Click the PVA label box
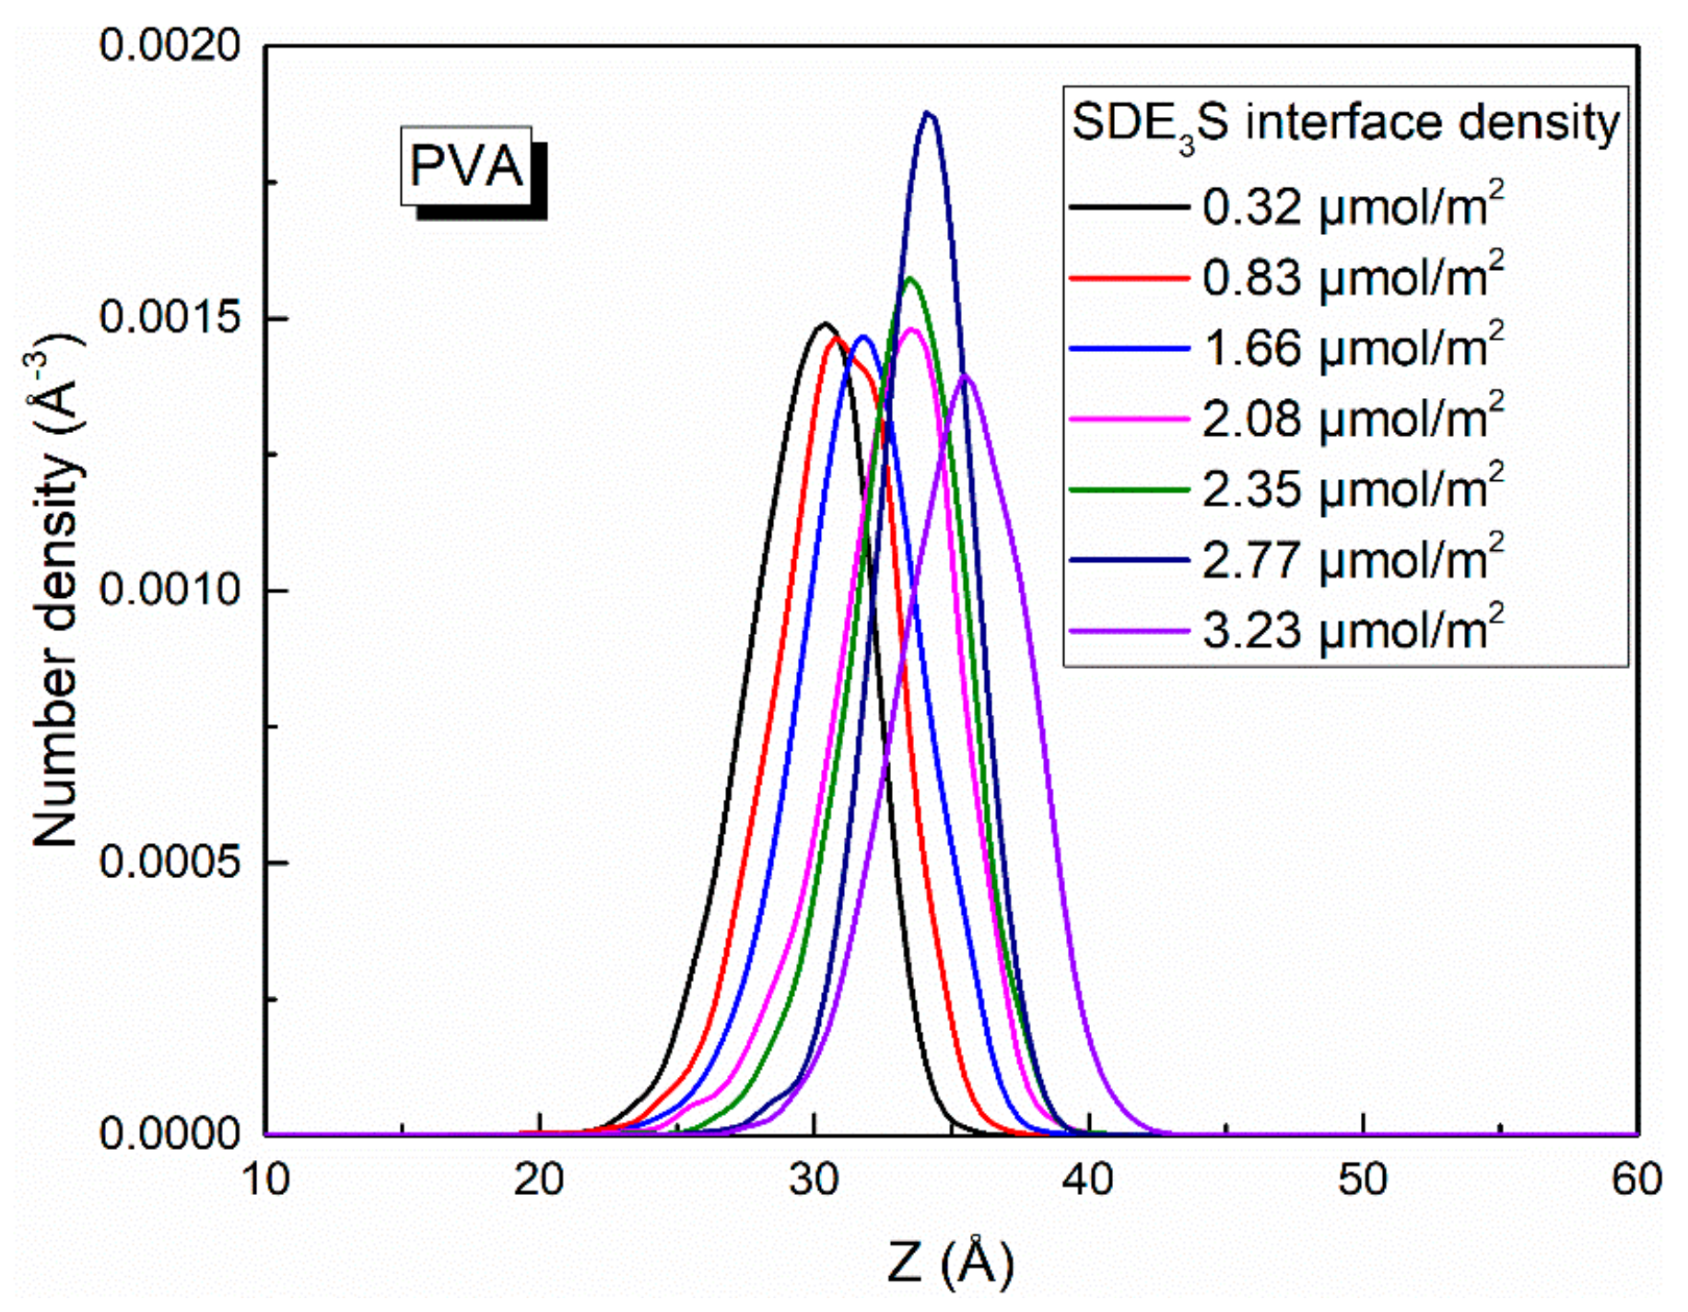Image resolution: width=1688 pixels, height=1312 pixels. tap(466, 167)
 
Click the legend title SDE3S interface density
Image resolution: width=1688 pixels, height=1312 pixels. tap(1344, 123)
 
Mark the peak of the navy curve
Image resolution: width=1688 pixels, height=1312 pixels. tap(930, 113)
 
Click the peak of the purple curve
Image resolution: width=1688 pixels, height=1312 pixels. tap(967, 375)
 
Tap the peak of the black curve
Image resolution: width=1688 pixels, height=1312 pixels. tap(825, 323)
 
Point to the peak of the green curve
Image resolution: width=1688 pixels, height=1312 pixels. tap(910, 277)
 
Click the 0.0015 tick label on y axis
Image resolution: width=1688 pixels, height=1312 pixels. tap(170, 318)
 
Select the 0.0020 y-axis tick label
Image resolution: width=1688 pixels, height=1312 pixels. tap(170, 45)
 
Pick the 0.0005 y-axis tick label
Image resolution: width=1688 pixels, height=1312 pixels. tap(170, 862)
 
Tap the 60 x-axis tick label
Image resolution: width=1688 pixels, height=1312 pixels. tap(1636, 1179)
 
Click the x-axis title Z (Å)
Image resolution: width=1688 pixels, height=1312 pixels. tap(950, 1263)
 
